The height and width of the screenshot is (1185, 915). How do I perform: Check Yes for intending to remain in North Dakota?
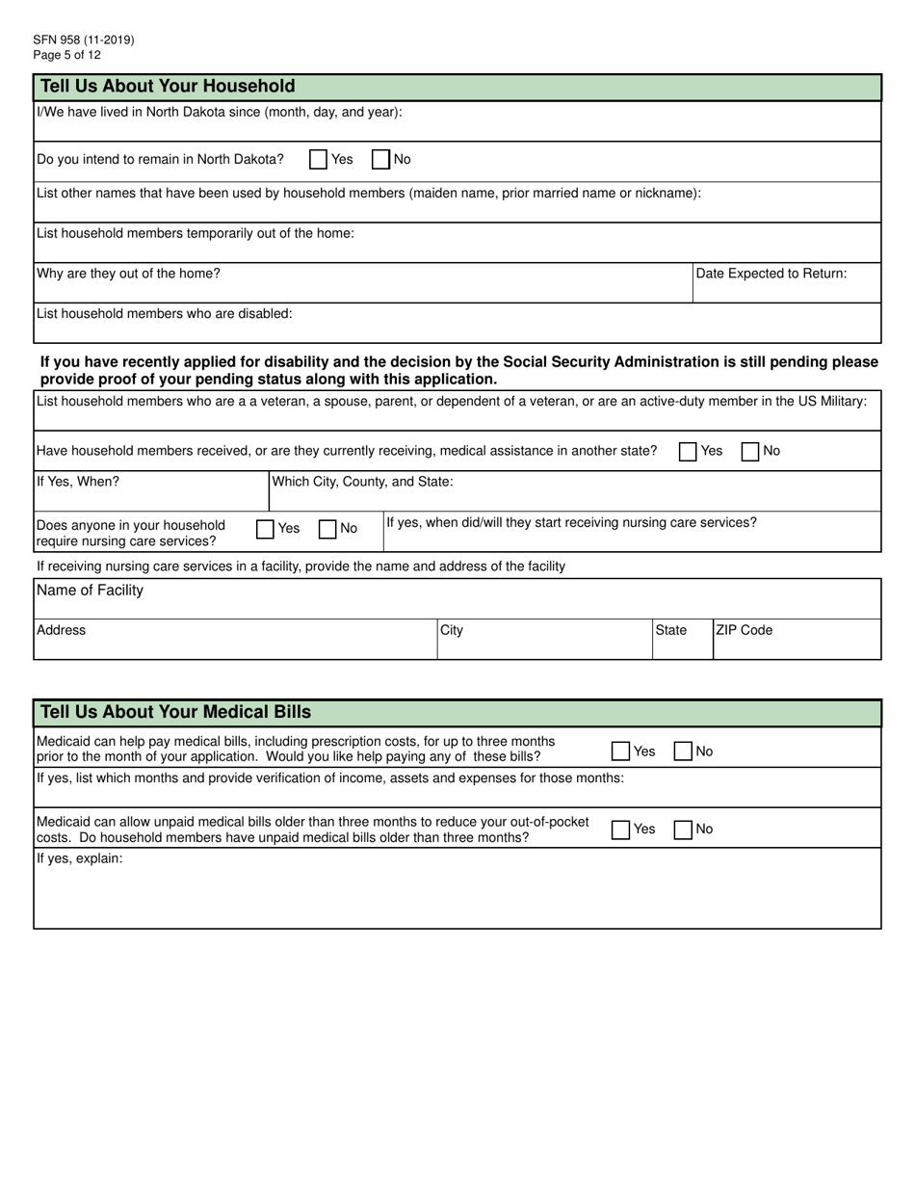(x=318, y=160)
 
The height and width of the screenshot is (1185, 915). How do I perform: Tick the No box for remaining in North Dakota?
(x=380, y=160)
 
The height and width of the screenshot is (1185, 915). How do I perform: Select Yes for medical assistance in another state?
(x=688, y=452)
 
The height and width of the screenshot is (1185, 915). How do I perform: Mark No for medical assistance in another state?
(x=750, y=452)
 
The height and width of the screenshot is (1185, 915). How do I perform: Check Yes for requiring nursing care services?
(x=265, y=529)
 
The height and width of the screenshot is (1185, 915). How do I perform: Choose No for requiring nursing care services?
(x=327, y=529)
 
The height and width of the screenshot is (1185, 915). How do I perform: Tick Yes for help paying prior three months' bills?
(x=621, y=751)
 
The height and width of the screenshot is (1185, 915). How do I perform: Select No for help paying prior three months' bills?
(x=683, y=751)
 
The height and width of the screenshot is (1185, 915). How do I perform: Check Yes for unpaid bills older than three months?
(x=621, y=829)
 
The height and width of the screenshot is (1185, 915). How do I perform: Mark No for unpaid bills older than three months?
(x=683, y=829)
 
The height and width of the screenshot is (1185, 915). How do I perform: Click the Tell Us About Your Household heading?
(x=168, y=87)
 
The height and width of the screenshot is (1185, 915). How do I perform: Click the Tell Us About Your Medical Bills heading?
(x=175, y=713)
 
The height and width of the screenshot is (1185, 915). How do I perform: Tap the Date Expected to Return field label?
(x=771, y=274)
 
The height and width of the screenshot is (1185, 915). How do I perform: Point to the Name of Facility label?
(x=90, y=591)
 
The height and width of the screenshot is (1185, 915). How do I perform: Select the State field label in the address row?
(x=670, y=630)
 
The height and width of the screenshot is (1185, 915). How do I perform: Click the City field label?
(x=452, y=630)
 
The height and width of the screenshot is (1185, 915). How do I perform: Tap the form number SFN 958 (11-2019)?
(x=84, y=40)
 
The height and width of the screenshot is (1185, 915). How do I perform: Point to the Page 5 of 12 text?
(x=66, y=55)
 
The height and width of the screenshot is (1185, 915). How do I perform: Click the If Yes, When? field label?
(x=78, y=482)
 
